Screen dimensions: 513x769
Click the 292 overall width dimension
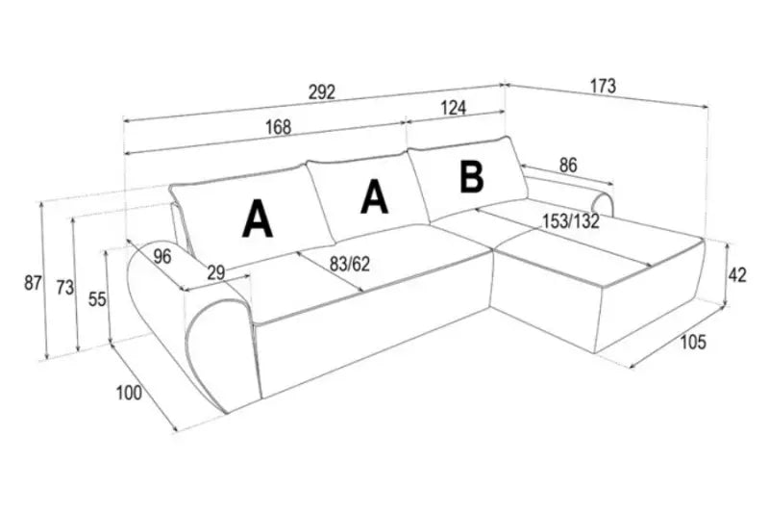[x=322, y=92]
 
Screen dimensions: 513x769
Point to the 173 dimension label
[x=601, y=87]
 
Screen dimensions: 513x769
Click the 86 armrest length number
[x=568, y=165]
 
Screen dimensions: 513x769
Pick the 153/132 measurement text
[x=571, y=220]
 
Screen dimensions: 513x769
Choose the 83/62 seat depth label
[x=349, y=262]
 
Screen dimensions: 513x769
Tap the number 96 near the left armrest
[x=161, y=256]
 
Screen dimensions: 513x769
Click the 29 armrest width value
[x=215, y=273]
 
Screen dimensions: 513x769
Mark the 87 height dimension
[x=34, y=283]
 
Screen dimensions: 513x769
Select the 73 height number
[x=64, y=289]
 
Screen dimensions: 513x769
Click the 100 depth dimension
[x=129, y=392]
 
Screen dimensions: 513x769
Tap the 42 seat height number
[x=736, y=275]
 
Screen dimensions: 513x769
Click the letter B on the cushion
[x=471, y=177]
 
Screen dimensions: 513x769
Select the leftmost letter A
[x=257, y=218]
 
